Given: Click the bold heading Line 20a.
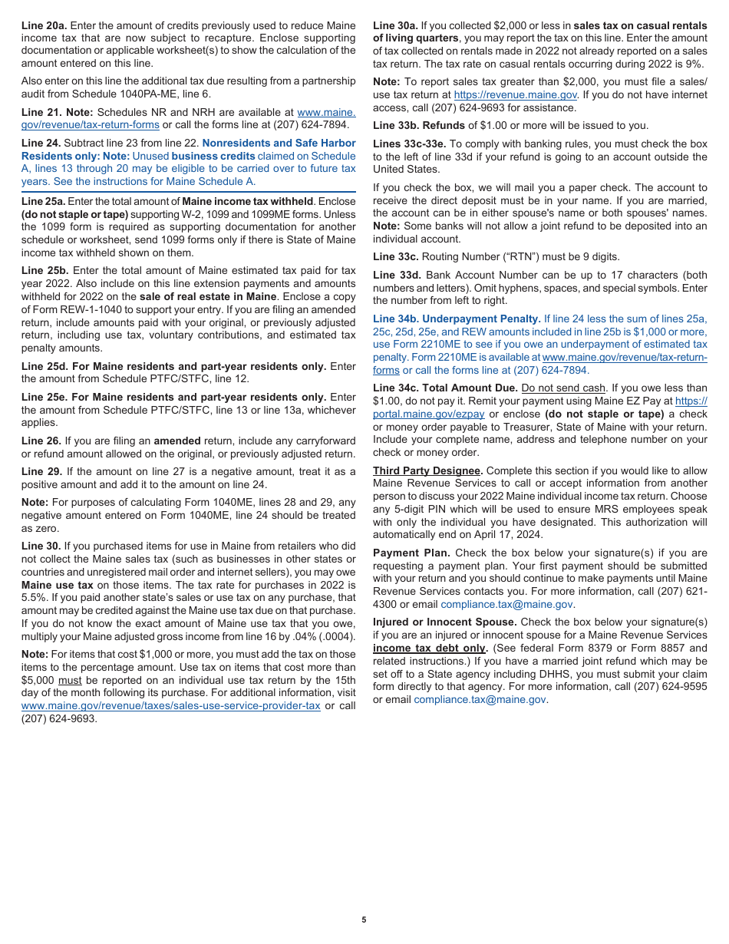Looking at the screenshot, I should click(x=44, y=26).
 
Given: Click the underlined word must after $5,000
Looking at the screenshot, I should click(x=70, y=681).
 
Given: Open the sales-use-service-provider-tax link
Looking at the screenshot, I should click(x=170, y=706).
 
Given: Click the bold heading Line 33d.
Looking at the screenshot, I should click(x=397, y=275).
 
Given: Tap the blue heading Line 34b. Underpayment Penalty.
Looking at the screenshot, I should click(x=457, y=319).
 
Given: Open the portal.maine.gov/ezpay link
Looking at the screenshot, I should click(x=428, y=414).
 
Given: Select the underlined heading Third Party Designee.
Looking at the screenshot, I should click(x=427, y=470).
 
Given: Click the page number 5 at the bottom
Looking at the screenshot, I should click(x=364, y=919).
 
